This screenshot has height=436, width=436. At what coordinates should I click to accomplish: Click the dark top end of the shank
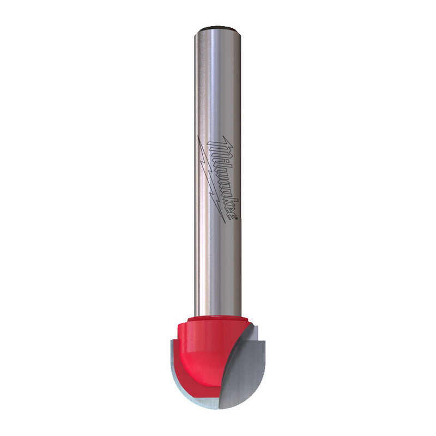coord(217,28)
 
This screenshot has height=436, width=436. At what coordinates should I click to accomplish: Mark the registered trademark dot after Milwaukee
coord(237,220)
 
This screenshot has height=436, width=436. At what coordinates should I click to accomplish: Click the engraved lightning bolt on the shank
coord(211,179)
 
